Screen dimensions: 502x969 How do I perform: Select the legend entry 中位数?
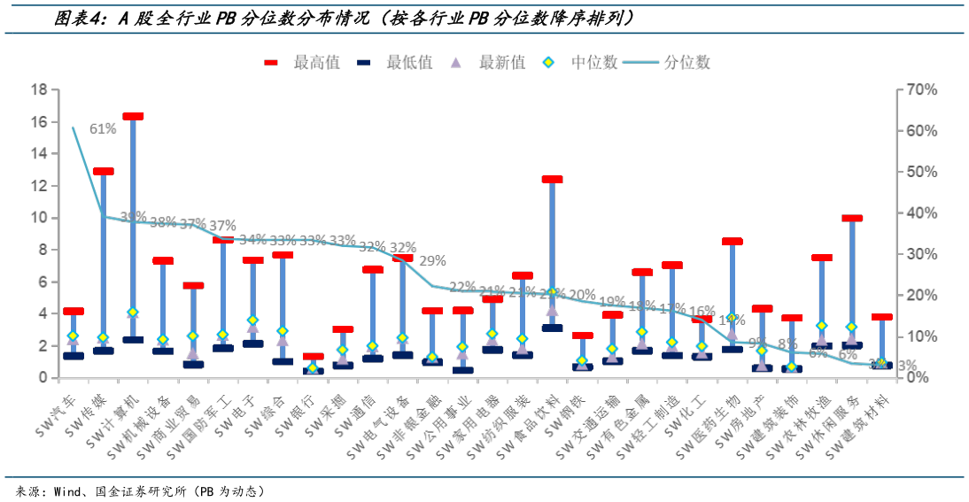(x=585, y=62)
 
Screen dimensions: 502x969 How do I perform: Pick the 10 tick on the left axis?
(x=39, y=218)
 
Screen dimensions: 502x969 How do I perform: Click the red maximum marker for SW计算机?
(x=133, y=116)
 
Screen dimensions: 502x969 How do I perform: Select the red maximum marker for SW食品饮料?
(x=552, y=180)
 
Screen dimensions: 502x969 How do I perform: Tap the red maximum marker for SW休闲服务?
(x=852, y=218)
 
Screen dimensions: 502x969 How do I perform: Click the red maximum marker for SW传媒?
(x=103, y=172)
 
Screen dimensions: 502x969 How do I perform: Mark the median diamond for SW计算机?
(x=133, y=313)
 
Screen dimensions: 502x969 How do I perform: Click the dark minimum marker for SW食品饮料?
(x=552, y=328)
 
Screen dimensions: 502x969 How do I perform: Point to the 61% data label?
(x=103, y=128)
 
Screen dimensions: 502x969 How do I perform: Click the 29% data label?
(x=432, y=261)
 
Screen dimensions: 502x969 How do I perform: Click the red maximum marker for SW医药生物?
(x=732, y=241)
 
